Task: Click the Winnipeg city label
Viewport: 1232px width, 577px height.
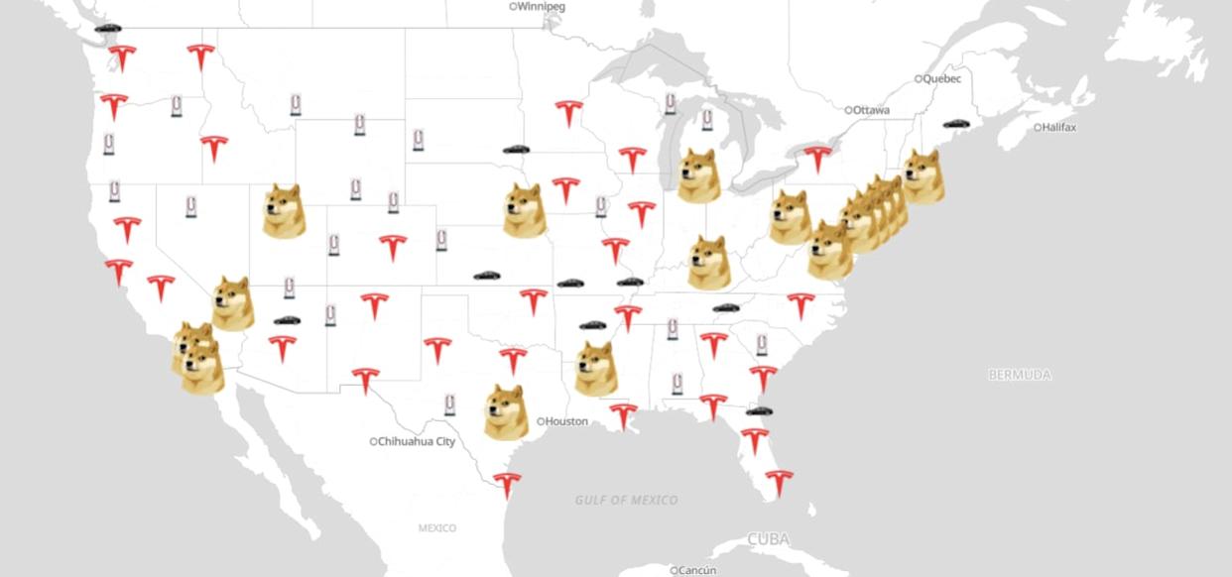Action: (541, 7)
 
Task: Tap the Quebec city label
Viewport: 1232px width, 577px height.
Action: (941, 78)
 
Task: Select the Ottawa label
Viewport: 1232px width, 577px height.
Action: (871, 110)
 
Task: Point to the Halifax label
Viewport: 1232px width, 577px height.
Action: (1058, 128)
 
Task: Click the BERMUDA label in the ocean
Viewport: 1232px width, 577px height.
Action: (1020, 375)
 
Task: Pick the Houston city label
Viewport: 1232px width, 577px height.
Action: (565, 421)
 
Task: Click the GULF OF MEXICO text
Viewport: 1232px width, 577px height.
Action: (627, 500)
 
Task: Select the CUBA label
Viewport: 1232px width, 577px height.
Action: (769, 539)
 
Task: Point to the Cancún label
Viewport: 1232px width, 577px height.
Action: (697, 570)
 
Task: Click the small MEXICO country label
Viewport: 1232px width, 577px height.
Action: (437, 528)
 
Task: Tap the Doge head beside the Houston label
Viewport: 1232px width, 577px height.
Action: (504, 411)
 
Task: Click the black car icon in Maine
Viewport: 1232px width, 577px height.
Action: (956, 124)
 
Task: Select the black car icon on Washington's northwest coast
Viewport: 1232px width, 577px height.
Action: (107, 28)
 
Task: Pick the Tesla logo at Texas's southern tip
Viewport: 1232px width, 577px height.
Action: (506, 485)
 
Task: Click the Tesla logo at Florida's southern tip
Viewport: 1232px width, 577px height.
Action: (779, 482)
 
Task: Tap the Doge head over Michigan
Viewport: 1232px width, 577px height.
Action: (697, 175)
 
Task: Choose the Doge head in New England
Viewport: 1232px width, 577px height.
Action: (923, 175)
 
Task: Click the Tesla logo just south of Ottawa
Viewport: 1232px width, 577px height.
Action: (816, 158)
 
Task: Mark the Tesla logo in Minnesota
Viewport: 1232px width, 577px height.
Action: (567, 112)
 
